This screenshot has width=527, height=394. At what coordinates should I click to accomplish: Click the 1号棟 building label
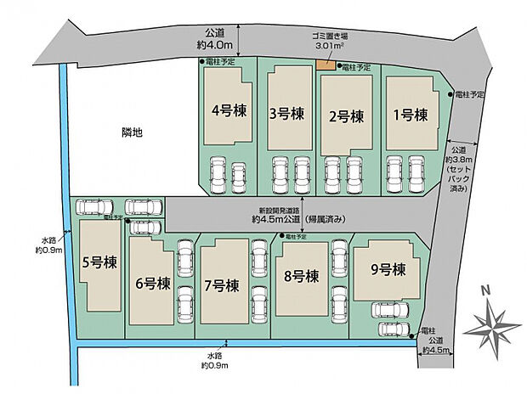point(410,115)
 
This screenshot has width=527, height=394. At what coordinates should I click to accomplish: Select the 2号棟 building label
point(346,116)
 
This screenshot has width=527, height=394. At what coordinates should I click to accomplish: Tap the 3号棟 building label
point(286,112)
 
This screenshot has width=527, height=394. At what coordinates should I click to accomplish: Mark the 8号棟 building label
point(300,276)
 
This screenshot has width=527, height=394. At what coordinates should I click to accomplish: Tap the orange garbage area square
point(325,66)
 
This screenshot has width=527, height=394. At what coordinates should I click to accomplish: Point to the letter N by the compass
point(484,290)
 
